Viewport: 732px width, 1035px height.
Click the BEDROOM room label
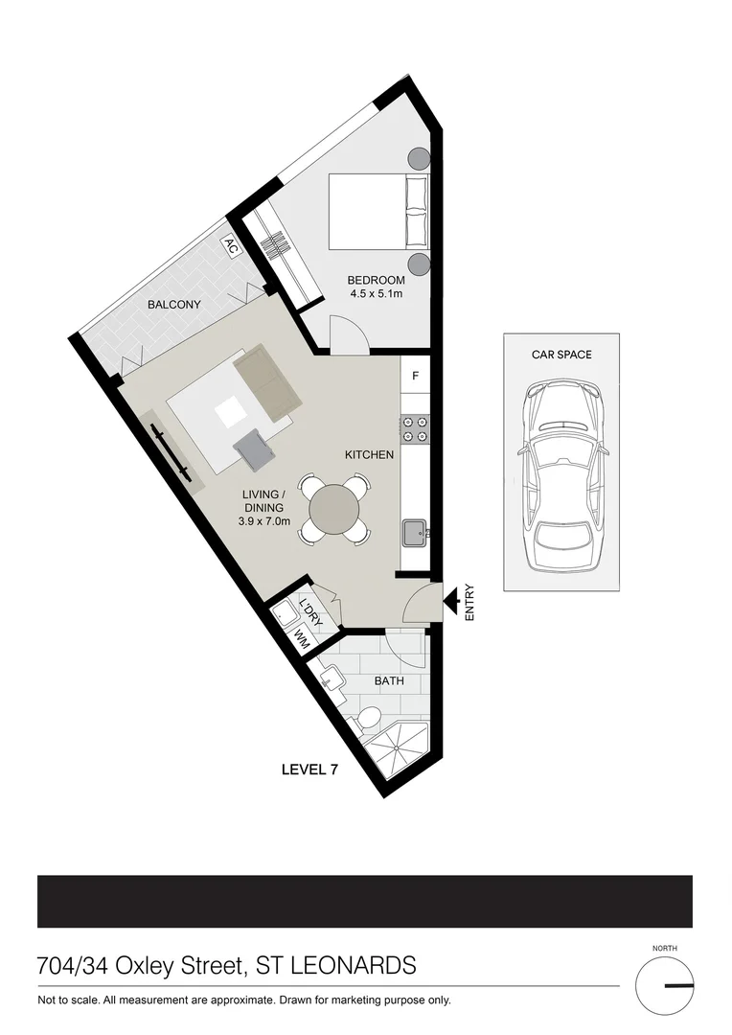point(376,280)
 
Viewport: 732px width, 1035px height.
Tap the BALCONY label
point(173,304)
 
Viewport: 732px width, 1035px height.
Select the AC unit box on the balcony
point(230,245)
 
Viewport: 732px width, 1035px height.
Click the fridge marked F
point(415,376)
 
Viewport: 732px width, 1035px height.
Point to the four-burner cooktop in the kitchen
point(415,428)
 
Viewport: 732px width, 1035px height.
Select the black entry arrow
point(448,601)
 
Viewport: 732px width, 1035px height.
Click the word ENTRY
point(469,604)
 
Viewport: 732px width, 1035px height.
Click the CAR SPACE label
point(561,355)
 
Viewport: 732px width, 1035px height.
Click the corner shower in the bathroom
point(401,752)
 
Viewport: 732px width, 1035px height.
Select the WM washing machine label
point(300,636)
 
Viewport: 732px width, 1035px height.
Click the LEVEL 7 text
point(308,769)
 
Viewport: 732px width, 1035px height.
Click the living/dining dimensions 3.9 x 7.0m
point(264,521)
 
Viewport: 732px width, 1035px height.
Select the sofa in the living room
point(267,383)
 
